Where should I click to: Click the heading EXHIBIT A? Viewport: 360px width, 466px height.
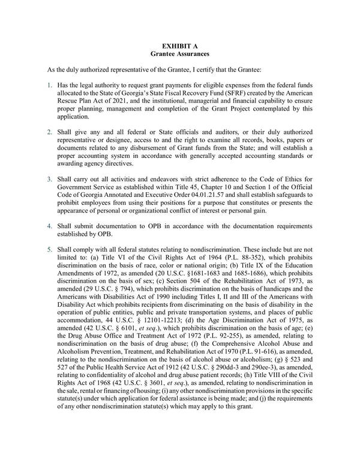(x=180, y=45)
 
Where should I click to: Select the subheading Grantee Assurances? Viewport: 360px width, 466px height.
(x=180, y=54)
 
